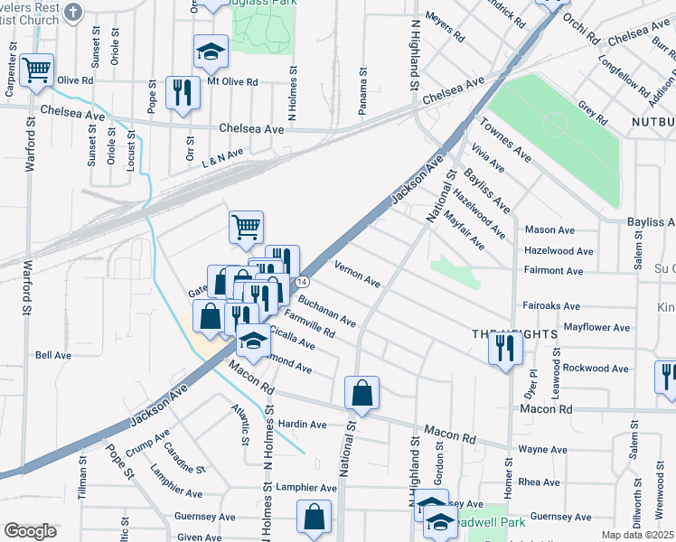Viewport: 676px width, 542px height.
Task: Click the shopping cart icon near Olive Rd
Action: point(36,70)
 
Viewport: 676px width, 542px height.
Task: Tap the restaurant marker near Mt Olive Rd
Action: point(183,92)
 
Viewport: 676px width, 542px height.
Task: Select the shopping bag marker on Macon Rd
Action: point(361,393)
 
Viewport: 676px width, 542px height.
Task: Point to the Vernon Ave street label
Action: point(357,273)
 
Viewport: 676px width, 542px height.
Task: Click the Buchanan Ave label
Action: point(327,313)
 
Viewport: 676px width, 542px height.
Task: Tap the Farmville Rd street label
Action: point(309,326)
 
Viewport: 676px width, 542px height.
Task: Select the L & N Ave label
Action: point(223,155)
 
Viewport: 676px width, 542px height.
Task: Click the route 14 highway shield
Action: point(304,283)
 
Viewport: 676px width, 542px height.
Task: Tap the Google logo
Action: point(31,531)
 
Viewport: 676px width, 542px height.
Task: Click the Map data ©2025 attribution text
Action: point(637,535)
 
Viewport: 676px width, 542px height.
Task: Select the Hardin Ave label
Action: point(302,425)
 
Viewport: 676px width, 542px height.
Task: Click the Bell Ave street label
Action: point(52,356)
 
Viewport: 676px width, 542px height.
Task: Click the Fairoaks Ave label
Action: point(551,307)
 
